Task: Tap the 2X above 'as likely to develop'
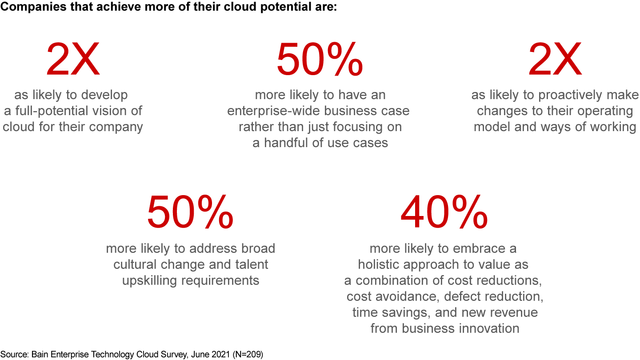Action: click(73, 60)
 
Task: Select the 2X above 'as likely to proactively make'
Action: click(555, 60)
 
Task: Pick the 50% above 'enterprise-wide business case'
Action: click(320, 60)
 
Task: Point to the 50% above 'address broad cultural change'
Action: click(190, 213)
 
